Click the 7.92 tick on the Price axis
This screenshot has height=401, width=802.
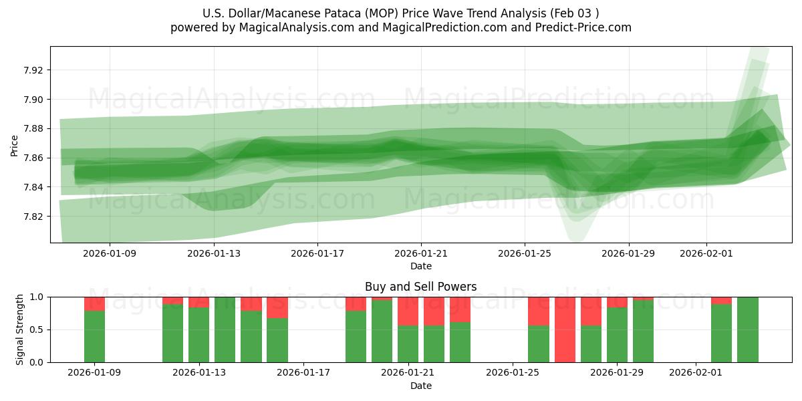(33, 70)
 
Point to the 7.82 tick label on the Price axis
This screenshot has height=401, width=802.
(33, 217)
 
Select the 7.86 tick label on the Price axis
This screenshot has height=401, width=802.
(33, 158)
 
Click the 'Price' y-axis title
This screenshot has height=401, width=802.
(15, 145)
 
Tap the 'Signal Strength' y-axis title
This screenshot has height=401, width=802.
(20, 329)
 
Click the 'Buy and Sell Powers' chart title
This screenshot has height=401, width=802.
(420, 287)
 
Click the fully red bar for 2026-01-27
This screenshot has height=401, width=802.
(565, 329)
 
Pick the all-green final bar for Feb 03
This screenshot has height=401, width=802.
(748, 329)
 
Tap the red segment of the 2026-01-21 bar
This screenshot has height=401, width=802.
(408, 311)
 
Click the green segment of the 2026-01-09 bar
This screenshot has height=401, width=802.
(94, 336)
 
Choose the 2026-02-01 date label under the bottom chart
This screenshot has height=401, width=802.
(696, 372)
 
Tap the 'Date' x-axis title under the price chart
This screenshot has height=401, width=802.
(420, 266)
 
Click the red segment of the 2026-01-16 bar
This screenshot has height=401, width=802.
(277, 307)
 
